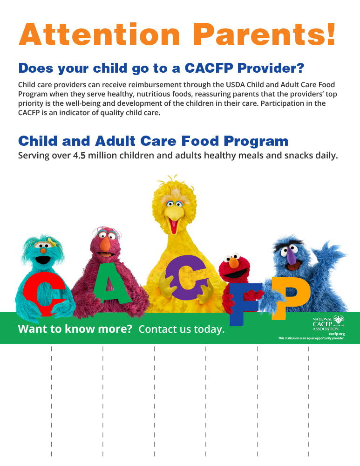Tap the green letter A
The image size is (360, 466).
[x=108, y=281]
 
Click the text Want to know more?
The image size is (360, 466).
[x=75, y=329]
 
